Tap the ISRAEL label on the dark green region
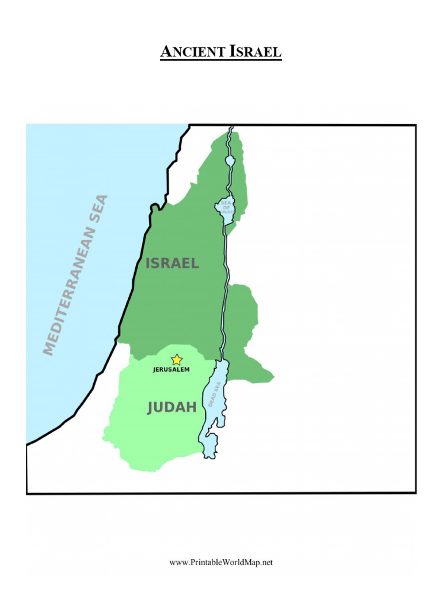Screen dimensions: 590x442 (x=172, y=264)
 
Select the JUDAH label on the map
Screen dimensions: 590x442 (x=172, y=408)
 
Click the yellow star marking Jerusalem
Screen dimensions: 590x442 (x=177, y=360)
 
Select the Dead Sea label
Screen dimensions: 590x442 (x=215, y=395)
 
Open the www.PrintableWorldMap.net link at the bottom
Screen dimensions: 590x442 (x=221, y=562)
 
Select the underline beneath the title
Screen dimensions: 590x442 (x=221, y=60)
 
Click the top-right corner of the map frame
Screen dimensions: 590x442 (x=416, y=125)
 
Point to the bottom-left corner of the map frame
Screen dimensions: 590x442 (x=27, y=493)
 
